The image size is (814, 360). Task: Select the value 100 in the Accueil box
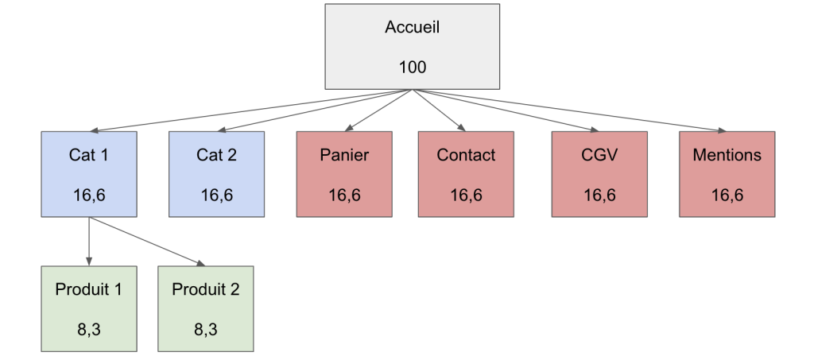[413, 67]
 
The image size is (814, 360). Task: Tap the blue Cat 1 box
[88, 174]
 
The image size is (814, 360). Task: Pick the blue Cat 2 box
[216, 174]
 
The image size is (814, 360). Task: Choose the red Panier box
[344, 174]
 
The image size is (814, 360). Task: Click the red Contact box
[466, 174]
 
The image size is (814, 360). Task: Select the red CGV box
[599, 174]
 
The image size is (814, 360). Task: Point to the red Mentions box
[727, 174]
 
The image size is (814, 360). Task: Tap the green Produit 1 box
[88, 308]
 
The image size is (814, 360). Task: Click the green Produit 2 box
[205, 308]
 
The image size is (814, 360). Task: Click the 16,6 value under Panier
[344, 195]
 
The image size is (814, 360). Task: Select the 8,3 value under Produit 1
[88, 328]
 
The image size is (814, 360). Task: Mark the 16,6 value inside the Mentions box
[727, 195]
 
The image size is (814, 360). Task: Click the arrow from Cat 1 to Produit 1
[88, 242]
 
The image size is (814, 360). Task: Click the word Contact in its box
[466, 155]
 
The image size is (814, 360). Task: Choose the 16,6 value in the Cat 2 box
[216, 195]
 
